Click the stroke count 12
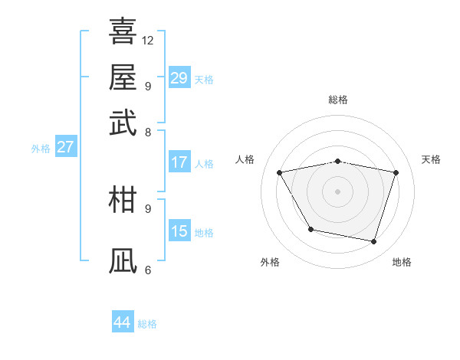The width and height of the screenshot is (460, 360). coord(148,40)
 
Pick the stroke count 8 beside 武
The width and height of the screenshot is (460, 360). coord(147,132)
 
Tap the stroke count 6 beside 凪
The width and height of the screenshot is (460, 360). coord(147,270)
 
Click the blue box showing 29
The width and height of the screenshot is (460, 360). coord(179,78)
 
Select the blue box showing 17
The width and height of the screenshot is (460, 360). coord(179,162)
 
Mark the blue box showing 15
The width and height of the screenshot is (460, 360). coord(179,231)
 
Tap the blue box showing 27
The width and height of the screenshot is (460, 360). coord(65,147)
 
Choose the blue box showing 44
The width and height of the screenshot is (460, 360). coord(123,322)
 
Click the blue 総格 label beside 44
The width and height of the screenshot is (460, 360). coord(147,324)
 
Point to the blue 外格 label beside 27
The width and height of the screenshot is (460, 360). coord(41,149)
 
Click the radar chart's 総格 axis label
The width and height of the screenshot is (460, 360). coord(337,100)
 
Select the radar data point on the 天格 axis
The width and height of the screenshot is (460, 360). coord(396,172)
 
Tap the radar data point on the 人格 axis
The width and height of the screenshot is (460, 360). coord(279,172)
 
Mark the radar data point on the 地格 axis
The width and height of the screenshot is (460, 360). coord(373,242)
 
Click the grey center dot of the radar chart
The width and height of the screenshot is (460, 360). coord(337,191)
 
